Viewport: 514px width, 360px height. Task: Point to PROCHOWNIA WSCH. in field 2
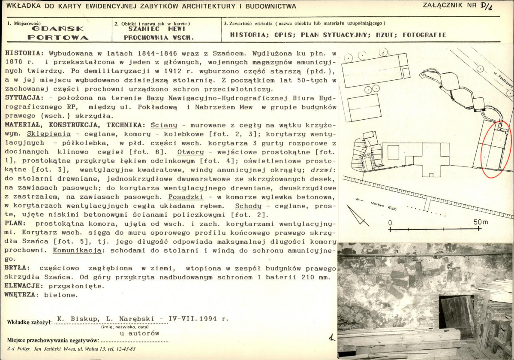click(x=159, y=37)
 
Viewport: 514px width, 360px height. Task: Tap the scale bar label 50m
click(x=481, y=222)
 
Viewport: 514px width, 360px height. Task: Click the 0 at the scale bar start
click(x=390, y=223)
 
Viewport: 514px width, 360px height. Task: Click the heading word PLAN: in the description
click(x=15, y=224)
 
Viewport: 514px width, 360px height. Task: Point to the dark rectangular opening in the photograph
click(x=457, y=315)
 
